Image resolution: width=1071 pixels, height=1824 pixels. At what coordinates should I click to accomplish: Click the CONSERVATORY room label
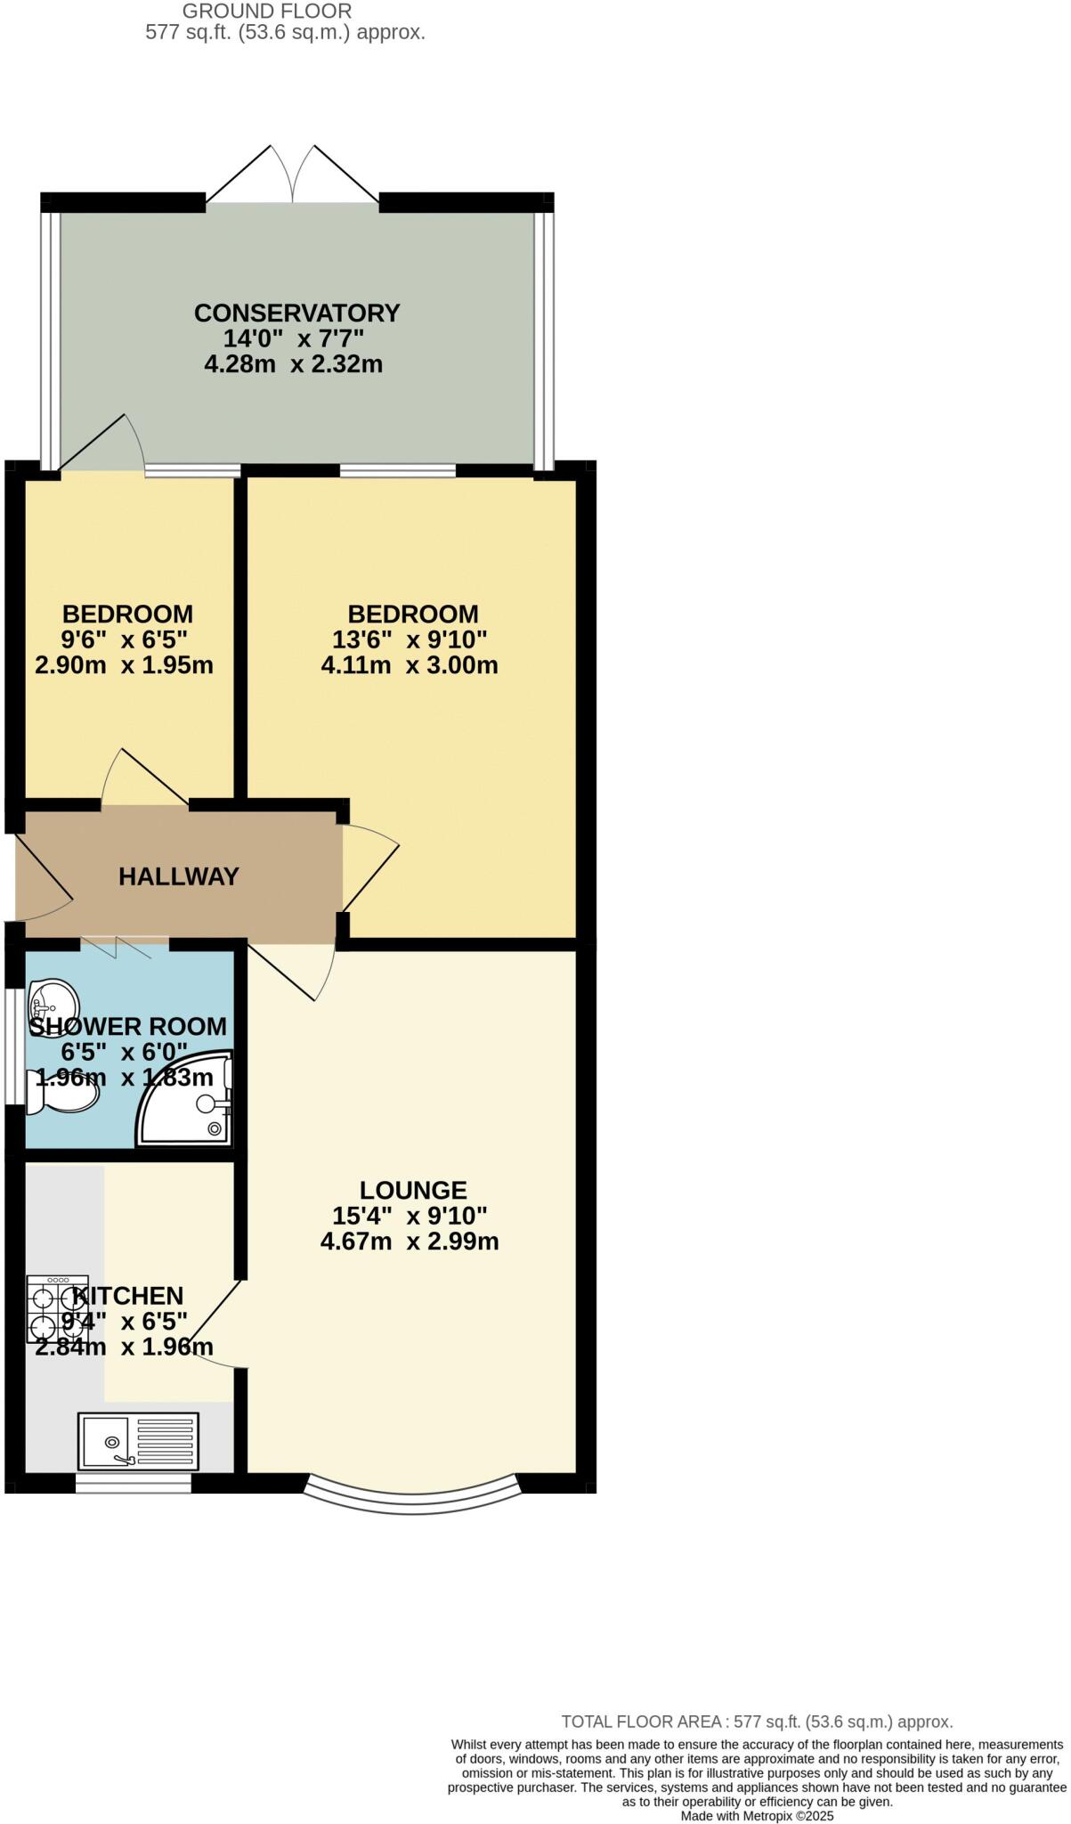tap(296, 313)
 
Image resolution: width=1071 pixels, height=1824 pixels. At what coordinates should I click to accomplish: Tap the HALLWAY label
tap(179, 876)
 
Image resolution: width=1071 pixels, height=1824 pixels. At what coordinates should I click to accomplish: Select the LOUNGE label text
tap(413, 1190)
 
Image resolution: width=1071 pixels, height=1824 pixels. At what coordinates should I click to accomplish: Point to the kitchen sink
tap(138, 1440)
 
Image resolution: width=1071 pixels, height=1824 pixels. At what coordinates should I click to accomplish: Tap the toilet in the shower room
tap(61, 1092)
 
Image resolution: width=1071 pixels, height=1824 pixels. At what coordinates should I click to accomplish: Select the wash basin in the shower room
tap(53, 1002)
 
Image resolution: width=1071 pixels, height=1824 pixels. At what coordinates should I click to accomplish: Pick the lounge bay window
tap(412, 1496)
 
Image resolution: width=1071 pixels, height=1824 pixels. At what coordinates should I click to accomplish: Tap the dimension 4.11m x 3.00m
tap(410, 665)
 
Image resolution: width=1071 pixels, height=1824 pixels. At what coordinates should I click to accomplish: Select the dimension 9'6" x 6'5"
tap(125, 639)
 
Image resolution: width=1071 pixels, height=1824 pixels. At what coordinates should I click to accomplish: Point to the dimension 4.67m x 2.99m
tap(410, 1242)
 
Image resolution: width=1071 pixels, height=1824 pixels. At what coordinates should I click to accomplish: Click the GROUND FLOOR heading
tap(267, 12)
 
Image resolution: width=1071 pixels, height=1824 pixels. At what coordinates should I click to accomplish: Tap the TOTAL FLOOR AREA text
tap(757, 1722)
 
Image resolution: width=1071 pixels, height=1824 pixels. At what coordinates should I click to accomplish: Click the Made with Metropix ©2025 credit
tap(757, 1815)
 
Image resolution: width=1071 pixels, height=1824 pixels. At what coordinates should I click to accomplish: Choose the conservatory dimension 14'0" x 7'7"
tap(294, 338)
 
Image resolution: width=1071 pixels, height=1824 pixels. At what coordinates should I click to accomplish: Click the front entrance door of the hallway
tap(40, 877)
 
